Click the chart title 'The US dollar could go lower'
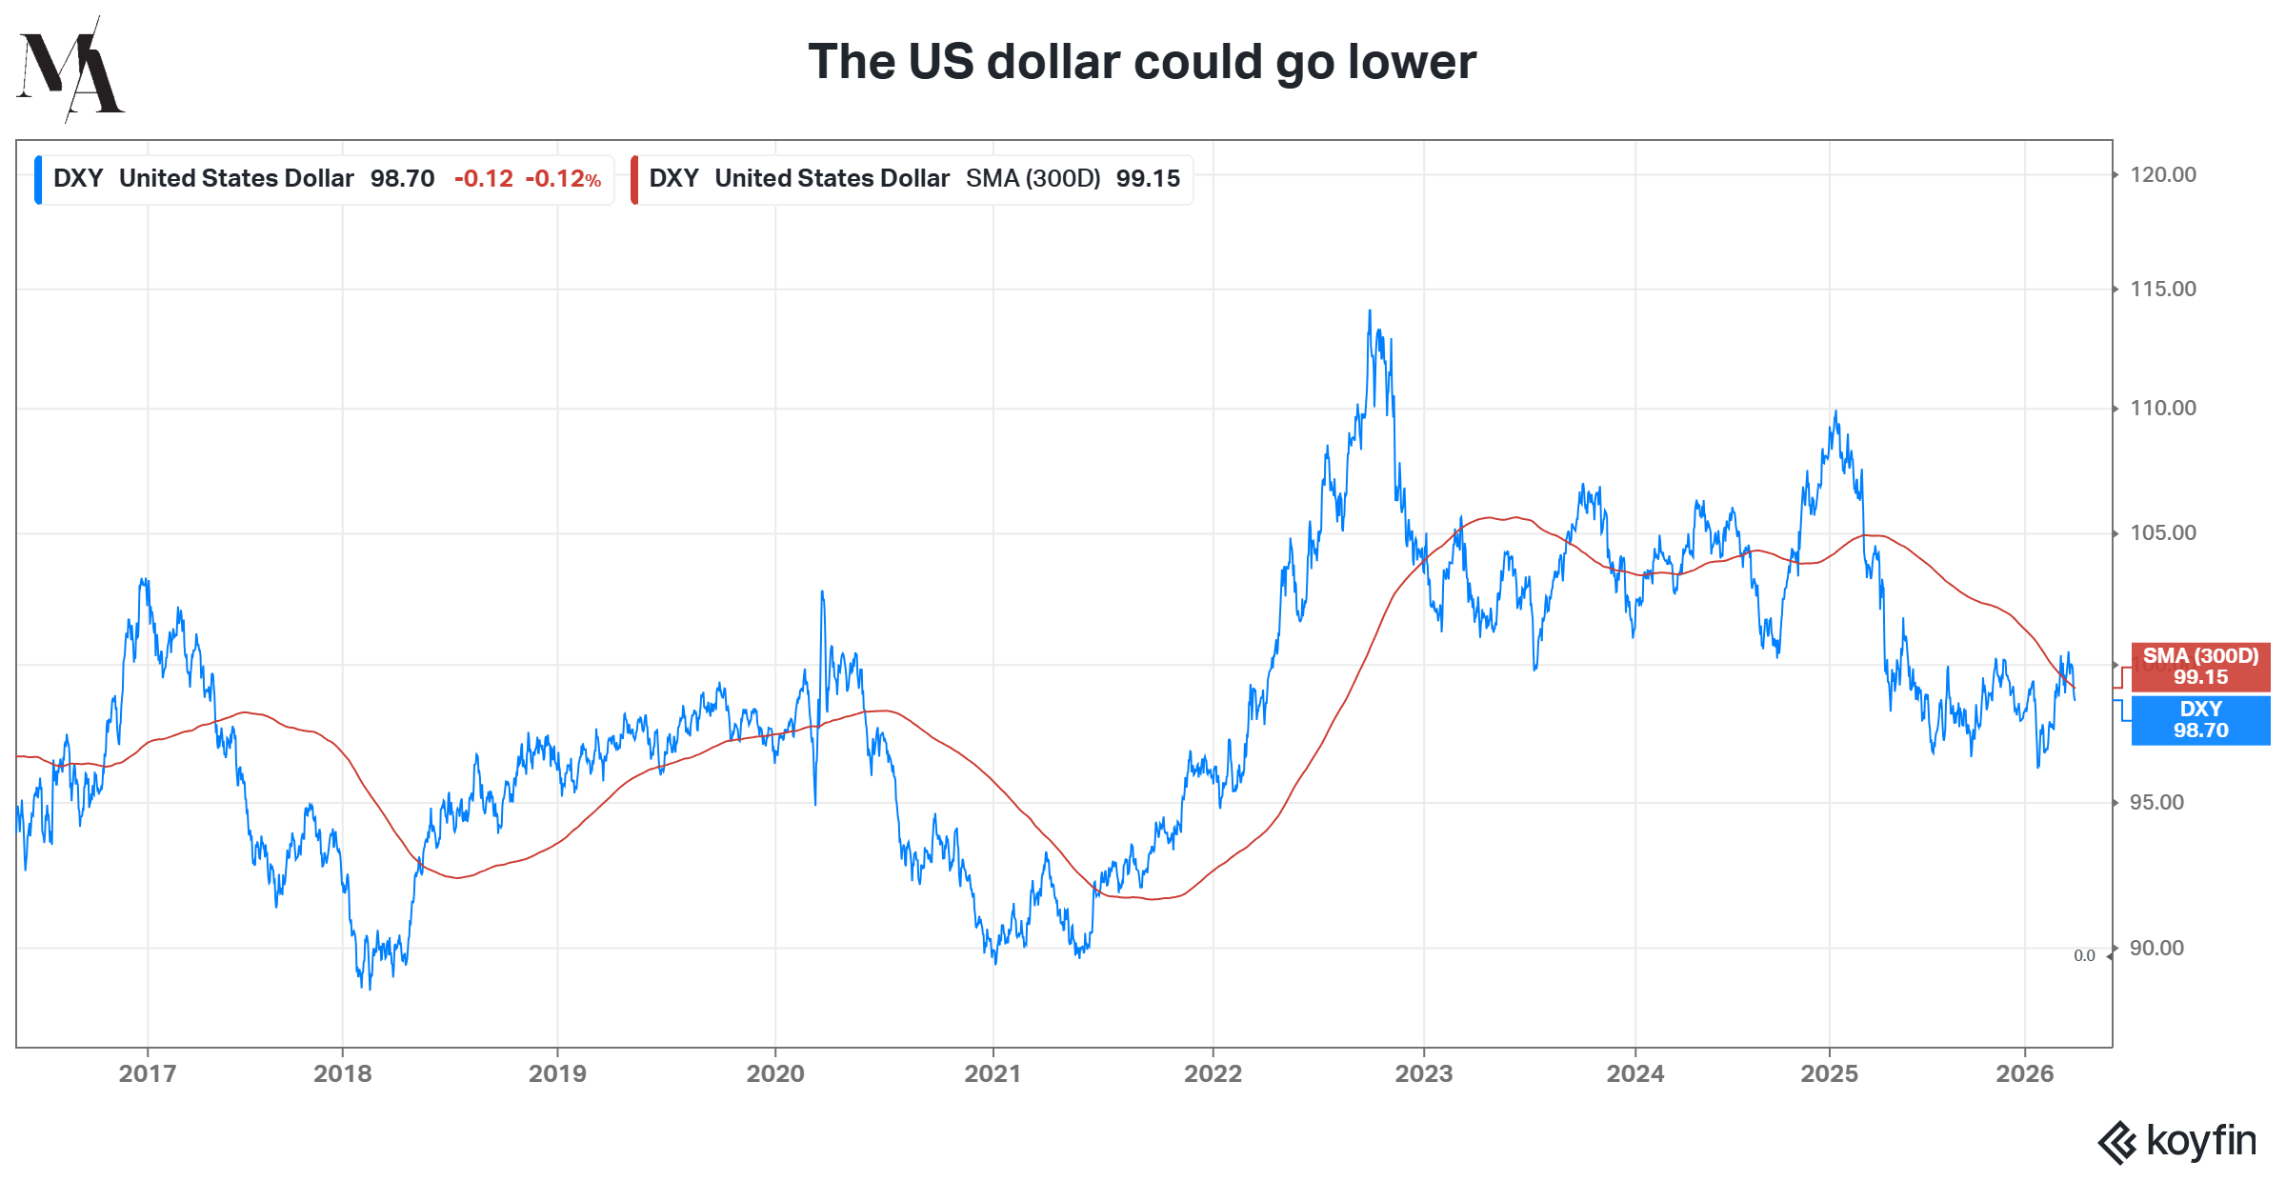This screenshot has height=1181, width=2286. click(1141, 63)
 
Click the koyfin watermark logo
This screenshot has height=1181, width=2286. click(2177, 1141)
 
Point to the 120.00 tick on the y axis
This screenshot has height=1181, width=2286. click(2162, 175)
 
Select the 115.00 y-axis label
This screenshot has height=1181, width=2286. click(2162, 290)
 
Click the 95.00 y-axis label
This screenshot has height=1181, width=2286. click(2156, 803)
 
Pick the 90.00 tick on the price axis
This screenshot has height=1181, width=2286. click(2156, 949)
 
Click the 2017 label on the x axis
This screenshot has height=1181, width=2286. click(148, 1074)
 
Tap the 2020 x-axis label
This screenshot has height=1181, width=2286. click(775, 1074)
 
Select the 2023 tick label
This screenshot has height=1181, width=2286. click(1423, 1074)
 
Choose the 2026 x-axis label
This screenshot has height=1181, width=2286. click(2024, 1074)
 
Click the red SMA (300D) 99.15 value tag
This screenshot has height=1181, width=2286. click(2200, 667)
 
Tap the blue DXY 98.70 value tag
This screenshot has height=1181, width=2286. click(2200, 720)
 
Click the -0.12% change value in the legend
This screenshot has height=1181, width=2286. click(563, 179)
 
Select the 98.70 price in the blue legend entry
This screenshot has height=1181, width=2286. click(402, 179)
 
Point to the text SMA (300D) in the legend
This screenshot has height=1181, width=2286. click(1033, 179)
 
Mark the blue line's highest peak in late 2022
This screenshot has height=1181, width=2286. click(1370, 310)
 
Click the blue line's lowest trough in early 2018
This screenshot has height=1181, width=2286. click(370, 988)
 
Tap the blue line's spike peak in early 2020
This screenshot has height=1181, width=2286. click(822, 591)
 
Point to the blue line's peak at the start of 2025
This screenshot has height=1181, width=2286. click(1835, 411)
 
